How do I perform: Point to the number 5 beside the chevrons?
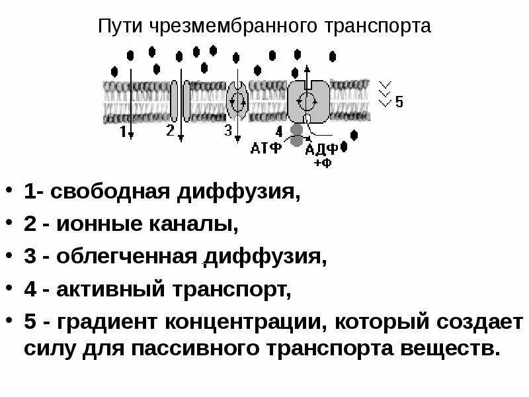(x=399, y=102)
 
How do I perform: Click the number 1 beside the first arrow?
(x=123, y=131)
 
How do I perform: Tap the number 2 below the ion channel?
(x=170, y=130)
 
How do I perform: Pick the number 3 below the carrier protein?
(x=228, y=130)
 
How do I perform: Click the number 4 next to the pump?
(x=279, y=130)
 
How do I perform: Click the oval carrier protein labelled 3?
(x=236, y=101)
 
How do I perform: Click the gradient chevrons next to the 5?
(x=384, y=93)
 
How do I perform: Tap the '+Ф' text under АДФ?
(x=322, y=161)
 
